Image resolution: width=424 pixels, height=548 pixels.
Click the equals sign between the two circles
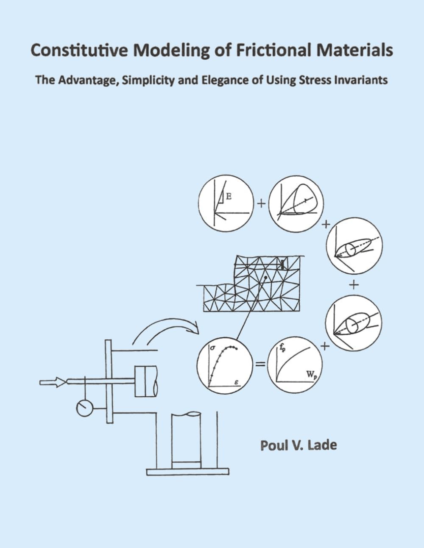(260, 364)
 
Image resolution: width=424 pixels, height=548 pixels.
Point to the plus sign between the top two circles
(261, 204)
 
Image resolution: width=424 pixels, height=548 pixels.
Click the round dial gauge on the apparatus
(84, 408)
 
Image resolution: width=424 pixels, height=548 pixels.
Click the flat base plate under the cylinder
(187, 471)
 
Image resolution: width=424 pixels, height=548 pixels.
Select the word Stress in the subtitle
(318, 80)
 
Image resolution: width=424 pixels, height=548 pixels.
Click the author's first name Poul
(273, 445)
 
